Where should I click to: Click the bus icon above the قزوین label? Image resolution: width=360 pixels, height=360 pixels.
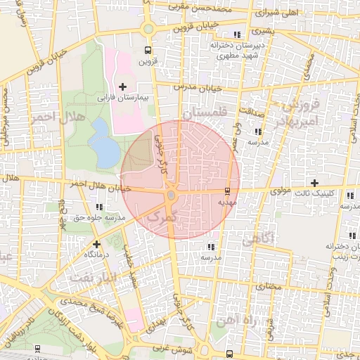tap(148, 51)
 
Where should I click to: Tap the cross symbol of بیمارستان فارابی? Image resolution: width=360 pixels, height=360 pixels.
tap(123, 86)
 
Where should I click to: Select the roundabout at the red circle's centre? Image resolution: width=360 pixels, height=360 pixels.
tap(171, 195)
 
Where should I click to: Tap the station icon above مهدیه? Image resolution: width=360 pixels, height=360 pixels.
tap(226, 191)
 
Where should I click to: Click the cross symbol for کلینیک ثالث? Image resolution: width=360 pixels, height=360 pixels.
tap(314, 184)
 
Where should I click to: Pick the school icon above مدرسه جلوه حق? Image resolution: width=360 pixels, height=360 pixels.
tap(98, 207)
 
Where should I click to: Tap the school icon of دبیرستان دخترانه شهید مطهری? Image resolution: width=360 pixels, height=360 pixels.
tap(238, 34)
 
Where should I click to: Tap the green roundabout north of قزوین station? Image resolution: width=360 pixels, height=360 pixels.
tap(148, 29)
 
